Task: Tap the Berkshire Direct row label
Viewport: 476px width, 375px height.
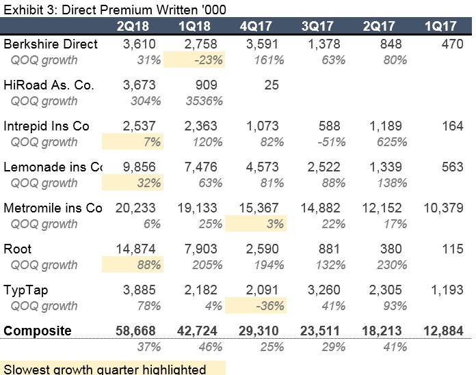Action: tap(51, 44)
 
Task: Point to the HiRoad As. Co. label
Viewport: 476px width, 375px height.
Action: tap(49, 85)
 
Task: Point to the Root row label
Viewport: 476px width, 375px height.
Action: tap(18, 249)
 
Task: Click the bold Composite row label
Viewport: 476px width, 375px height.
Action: tap(38, 331)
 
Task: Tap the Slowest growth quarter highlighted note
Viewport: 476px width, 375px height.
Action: tap(104, 370)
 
